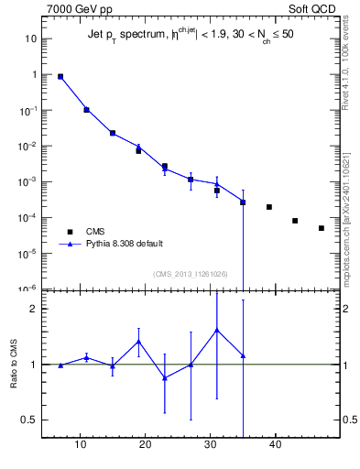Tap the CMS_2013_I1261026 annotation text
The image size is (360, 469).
click(191, 274)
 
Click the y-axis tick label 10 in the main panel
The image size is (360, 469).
click(30, 39)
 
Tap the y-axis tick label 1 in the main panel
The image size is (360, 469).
click(34, 75)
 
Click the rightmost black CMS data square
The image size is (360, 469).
click(322, 228)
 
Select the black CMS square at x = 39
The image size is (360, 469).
click(269, 207)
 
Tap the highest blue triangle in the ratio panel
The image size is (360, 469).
click(217, 330)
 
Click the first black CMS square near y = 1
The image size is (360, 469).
click(60, 77)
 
